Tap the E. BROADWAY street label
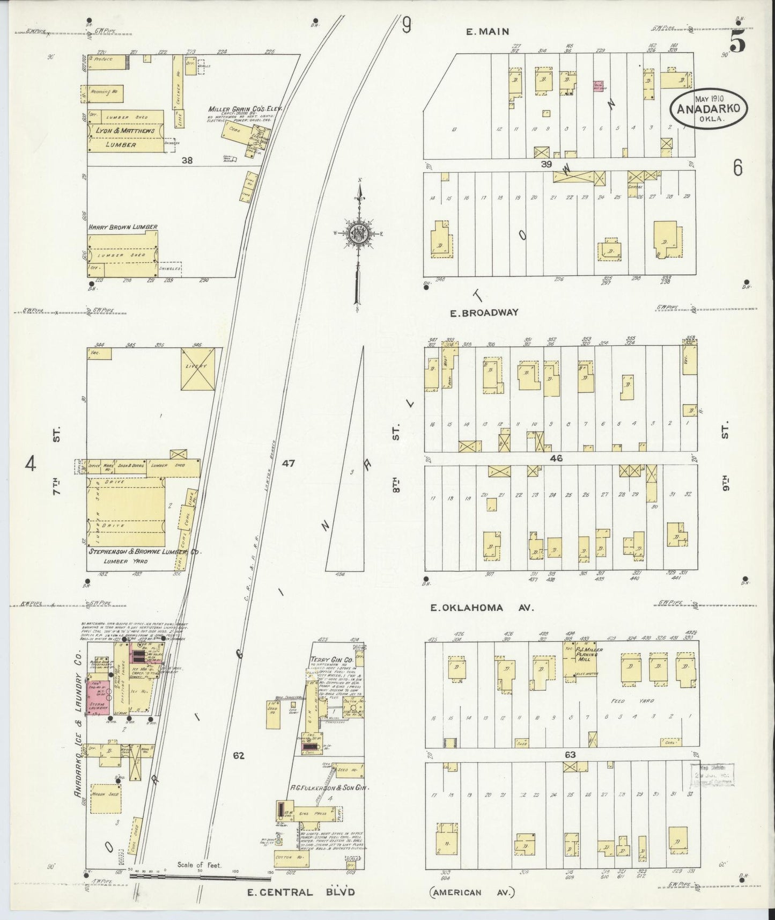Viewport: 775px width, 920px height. click(x=484, y=312)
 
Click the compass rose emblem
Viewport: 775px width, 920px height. click(x=357, y=233)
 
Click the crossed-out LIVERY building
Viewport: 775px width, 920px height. click(x=198, y=369)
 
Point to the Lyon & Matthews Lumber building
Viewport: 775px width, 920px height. click(x=126, y=132)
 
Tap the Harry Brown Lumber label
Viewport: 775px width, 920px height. click(x=123, y=227)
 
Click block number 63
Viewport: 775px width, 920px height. click(x=570, y=755)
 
